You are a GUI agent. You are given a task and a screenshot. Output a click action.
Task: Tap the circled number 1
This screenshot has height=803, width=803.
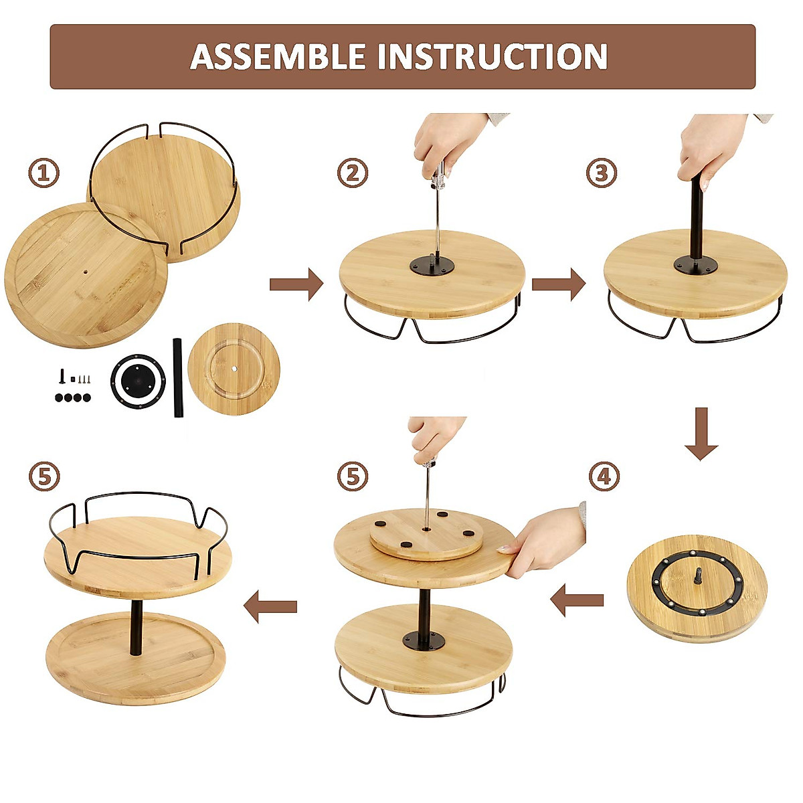pos(43,174)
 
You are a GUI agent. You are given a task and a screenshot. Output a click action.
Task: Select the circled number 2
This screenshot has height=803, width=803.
pos(353,174)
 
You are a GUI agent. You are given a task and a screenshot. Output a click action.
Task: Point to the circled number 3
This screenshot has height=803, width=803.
pos(602,174)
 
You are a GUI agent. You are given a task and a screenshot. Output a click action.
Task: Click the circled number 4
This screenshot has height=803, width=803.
pos(604,477)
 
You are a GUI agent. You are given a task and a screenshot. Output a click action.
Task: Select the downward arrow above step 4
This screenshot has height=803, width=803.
pos(701,434)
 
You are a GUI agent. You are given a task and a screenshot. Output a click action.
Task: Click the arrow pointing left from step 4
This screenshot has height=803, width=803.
pos(577,600)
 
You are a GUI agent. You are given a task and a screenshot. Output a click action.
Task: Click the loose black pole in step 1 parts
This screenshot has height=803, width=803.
pos(178,377)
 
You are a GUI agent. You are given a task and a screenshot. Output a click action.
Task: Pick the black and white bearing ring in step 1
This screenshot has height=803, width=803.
pos(137,380)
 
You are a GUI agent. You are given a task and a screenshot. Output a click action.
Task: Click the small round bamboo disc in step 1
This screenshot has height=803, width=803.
pos(234,369)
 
